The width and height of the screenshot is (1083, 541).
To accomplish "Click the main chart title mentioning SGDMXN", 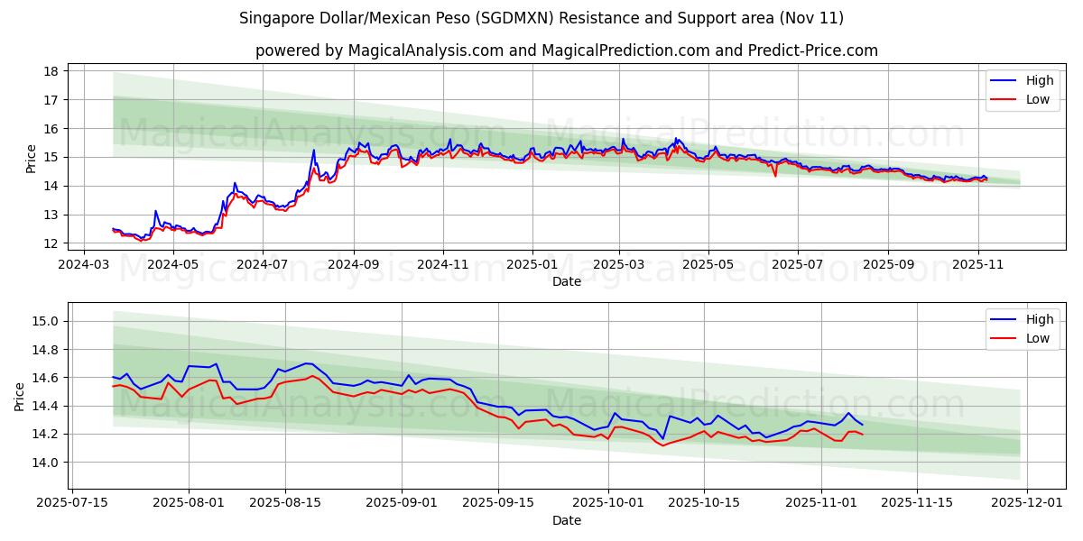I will (x=541, y=18).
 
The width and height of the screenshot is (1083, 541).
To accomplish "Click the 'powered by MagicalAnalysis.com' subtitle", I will (x=566, y=50).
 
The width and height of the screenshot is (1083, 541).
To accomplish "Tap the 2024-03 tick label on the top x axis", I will (x=84, y=265).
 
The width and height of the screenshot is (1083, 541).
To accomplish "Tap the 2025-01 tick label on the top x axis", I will (x=532, y=265).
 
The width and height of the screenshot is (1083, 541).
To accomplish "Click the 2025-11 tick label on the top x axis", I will (x=978, y=265).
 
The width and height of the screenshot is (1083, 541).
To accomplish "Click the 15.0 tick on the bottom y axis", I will (x=46, y=321).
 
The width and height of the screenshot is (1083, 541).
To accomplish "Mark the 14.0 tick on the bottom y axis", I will (x=46, y=463).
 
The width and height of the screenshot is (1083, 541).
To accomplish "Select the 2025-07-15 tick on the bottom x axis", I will (x=71, y=504).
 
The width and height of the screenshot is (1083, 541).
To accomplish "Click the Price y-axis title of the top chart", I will (x=32, y=158).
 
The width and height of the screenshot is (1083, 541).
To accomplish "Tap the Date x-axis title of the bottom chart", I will (x=566, y=520).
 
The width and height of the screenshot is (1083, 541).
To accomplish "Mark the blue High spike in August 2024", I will (x=314, y=151).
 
